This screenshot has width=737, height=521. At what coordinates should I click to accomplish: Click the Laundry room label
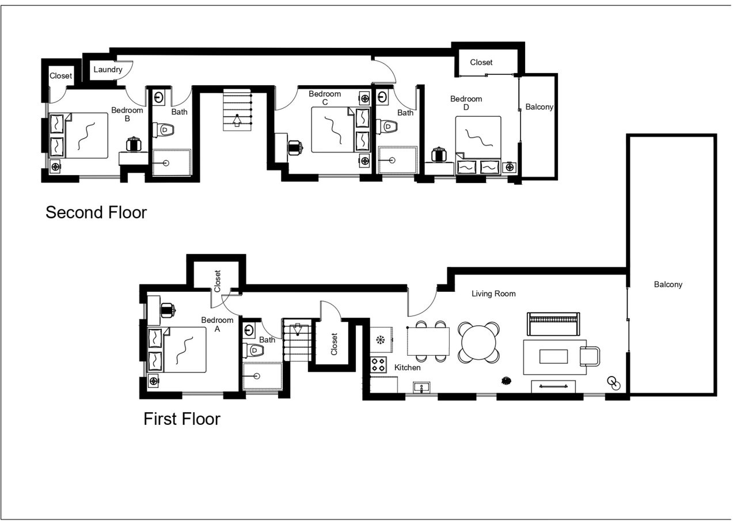(108, 70)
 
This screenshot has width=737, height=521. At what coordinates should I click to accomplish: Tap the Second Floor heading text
(96, 212)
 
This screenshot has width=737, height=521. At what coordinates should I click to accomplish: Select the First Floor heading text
(181, 419)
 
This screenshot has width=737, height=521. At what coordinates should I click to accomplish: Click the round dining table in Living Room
(478, 342)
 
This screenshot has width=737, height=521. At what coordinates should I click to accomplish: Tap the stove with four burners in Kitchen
(378, 364)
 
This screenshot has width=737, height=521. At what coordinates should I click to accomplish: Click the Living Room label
(493, 294)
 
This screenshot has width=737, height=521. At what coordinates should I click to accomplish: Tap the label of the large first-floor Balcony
(668, 284)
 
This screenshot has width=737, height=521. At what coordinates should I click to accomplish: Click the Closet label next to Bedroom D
(481, 62)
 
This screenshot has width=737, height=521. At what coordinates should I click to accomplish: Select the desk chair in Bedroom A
(168, 310)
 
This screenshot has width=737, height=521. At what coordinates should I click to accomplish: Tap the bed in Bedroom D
(478, 144)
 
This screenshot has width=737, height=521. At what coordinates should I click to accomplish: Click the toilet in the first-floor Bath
(253, 349)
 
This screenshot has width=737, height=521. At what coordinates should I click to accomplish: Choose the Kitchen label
(408, 367)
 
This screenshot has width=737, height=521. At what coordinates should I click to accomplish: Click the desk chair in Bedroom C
(295, 148)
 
